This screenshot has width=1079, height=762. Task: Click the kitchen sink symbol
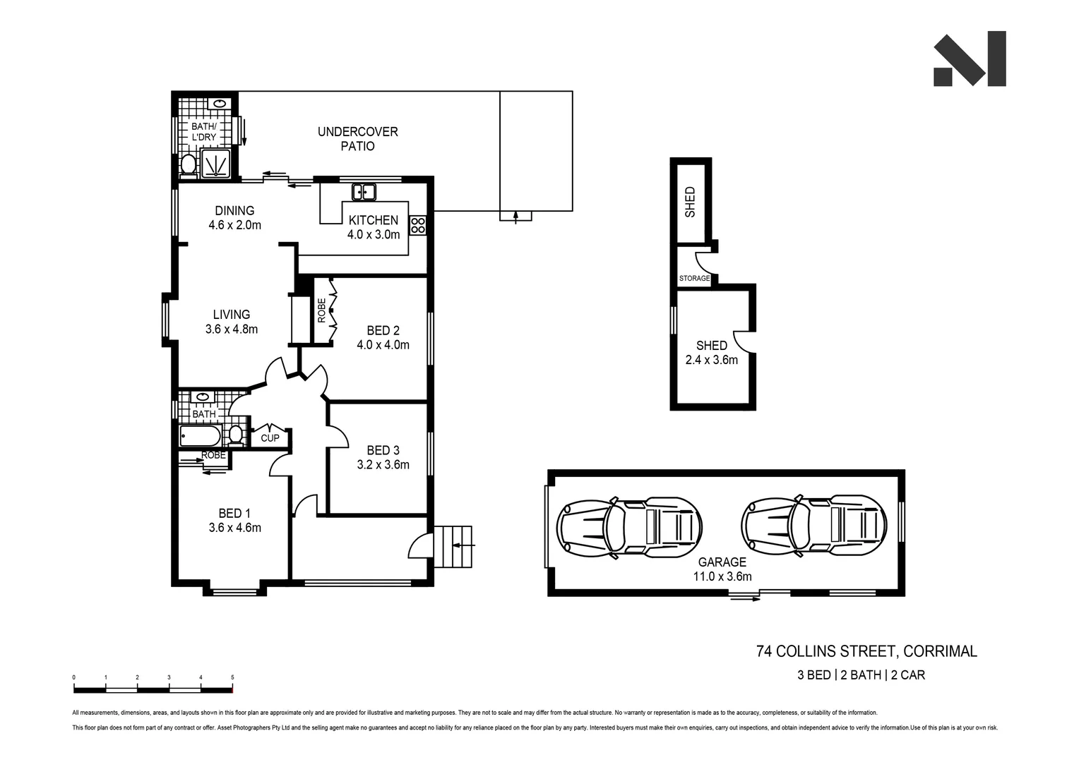364,191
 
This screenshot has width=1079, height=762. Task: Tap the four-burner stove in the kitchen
418,225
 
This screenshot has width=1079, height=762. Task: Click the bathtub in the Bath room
199,436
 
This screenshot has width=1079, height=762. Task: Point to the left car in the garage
629,526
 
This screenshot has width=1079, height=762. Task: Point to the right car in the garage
813,526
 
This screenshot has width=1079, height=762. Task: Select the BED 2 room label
383,330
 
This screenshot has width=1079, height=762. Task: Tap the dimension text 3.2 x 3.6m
383,465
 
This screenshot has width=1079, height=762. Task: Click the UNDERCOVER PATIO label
357,139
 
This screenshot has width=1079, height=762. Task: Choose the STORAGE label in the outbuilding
694,279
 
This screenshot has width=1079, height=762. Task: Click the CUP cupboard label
270,438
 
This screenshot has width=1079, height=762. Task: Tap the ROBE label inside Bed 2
322,310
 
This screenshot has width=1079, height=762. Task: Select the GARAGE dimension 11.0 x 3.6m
722,576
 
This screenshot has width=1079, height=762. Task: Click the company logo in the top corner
970,59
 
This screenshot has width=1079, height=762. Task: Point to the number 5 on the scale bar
232,677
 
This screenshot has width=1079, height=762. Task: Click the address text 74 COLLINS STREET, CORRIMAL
866,651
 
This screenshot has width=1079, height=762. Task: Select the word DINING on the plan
234,210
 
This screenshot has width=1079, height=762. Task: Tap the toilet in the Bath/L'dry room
188,164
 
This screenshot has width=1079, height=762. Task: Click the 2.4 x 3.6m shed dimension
711,360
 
